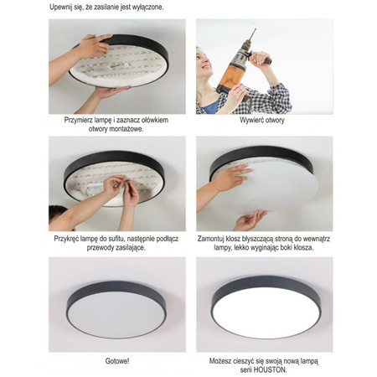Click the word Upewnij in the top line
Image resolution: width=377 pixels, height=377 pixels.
pos(64,7)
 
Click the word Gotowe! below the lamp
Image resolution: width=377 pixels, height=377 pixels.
pos(117,361)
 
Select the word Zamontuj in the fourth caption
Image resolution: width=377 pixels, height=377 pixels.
pos(218,238)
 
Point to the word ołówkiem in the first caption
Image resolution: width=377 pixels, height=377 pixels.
pos(152,121)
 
